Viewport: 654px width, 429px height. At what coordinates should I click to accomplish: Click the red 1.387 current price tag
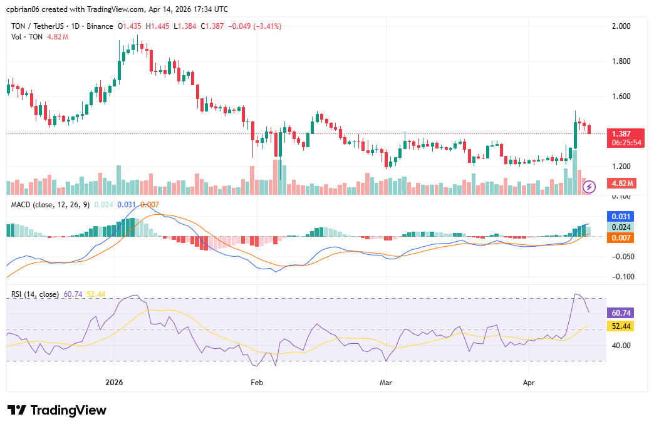621,134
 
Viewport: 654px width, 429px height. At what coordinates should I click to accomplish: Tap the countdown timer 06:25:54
626,143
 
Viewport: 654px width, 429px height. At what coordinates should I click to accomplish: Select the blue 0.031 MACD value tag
621,216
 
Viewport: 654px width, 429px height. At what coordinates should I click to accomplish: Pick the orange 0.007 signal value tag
621,238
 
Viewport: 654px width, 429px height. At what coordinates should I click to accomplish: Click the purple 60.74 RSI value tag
621,313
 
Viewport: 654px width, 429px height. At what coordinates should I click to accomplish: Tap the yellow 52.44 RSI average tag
621,326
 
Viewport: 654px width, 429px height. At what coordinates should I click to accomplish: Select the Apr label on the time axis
529,381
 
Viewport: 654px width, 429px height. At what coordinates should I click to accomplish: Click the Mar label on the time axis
386,381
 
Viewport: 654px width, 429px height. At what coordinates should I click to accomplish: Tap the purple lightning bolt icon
589,187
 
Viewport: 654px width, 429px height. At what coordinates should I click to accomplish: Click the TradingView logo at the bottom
57,410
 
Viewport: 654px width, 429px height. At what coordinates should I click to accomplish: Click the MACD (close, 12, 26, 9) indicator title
50,204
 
